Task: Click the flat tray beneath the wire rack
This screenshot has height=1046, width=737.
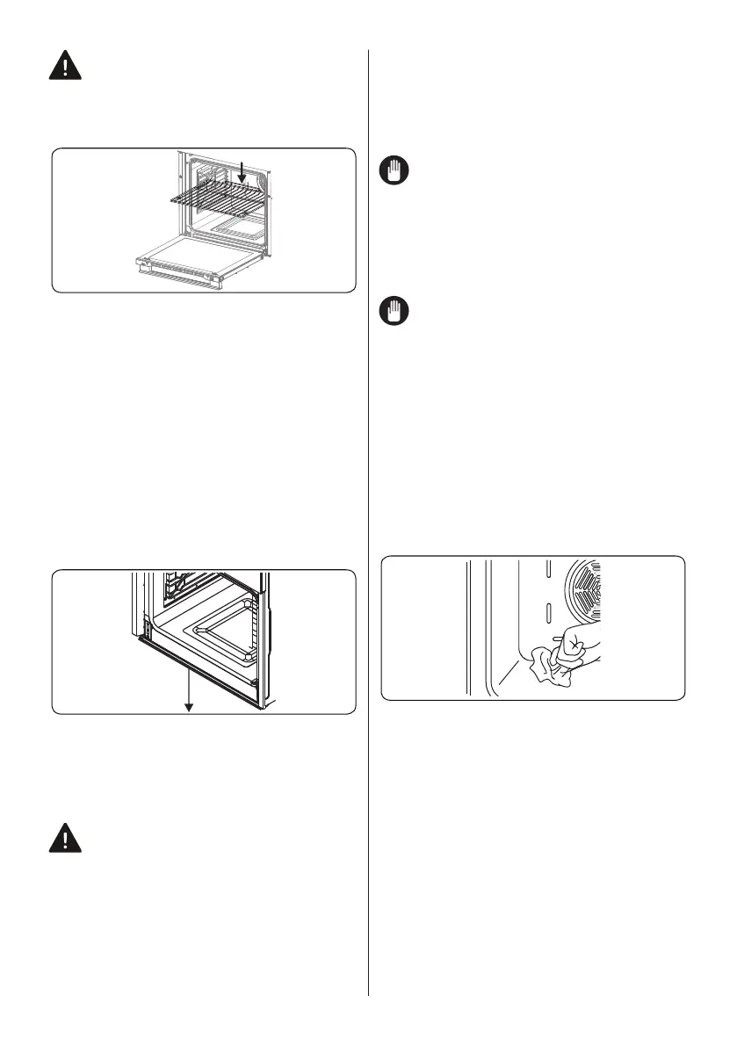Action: (233, 233)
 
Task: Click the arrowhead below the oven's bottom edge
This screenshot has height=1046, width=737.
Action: (187, 707)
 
